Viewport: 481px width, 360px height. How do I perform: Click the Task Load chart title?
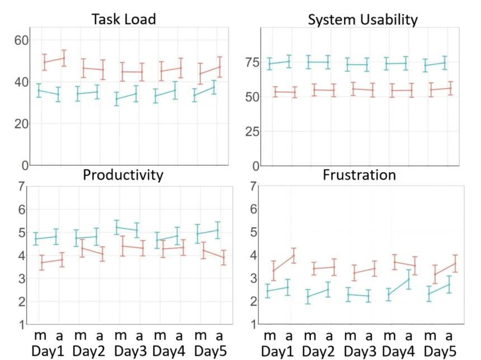[x=124, y=20]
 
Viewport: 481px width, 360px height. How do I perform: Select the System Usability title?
[x=362, y=20]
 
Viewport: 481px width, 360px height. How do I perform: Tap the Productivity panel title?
[x=123, y=175]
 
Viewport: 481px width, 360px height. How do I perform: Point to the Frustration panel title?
[x=359, y=175]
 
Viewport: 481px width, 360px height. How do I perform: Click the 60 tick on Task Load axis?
[x=21, y=40]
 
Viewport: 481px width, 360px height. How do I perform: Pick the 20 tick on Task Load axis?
[x=21, y=124]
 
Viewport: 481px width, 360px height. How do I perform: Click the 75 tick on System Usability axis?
[x=253, y=62]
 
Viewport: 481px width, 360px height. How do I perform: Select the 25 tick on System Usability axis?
[x=253, y=131]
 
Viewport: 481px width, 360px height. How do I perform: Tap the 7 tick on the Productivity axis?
[x=21, y=186]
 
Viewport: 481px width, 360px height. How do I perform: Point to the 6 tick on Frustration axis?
[x=253, y=209]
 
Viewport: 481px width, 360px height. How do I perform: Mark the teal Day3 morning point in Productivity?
[x=117, y=227]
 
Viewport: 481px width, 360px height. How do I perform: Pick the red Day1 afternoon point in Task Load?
[x=64, y=58]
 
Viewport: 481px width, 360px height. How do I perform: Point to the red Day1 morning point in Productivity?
[x=41, y=262]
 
